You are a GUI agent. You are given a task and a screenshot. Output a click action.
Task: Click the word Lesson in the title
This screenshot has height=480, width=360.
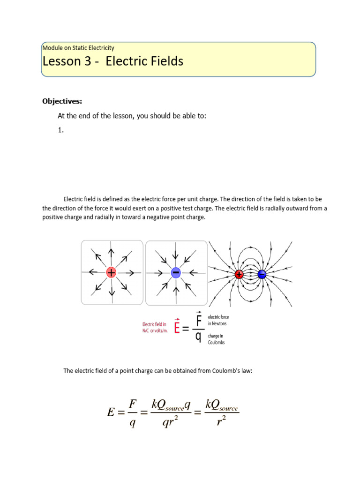(x=61, y=61)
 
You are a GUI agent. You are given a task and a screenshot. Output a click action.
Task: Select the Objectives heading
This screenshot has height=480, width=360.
(x=62, y=101)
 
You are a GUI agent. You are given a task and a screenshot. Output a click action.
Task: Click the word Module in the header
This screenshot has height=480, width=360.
(x=52, y=47)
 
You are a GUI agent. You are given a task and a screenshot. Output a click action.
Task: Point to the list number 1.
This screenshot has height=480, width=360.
(x=60, y=131)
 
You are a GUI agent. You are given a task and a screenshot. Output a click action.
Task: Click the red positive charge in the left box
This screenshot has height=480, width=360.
(x=111, y=272)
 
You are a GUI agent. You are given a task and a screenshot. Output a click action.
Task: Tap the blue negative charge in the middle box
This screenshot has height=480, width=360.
(x=176, y=272)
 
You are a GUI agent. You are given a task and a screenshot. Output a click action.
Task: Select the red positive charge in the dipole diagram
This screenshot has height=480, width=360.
(x=239, y=274)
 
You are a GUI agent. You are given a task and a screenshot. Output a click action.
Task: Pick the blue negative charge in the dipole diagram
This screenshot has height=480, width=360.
(x=262, y=274)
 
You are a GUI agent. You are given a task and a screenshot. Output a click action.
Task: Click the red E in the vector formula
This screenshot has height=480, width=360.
(x=177, y=327)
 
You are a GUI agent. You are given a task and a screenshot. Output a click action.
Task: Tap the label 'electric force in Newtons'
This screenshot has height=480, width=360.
(x=218, y=320)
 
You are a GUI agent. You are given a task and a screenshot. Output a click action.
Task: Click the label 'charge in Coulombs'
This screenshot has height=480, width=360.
(x=216, y=339)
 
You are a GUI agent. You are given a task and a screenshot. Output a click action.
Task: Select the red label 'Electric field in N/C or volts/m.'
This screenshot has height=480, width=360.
(x=155, y=327)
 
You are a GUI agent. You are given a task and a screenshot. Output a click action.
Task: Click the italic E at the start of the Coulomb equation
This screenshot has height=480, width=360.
(x=111, y=412)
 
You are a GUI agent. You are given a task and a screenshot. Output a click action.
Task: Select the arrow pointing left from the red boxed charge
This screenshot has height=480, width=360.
(x=95, y=272)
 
